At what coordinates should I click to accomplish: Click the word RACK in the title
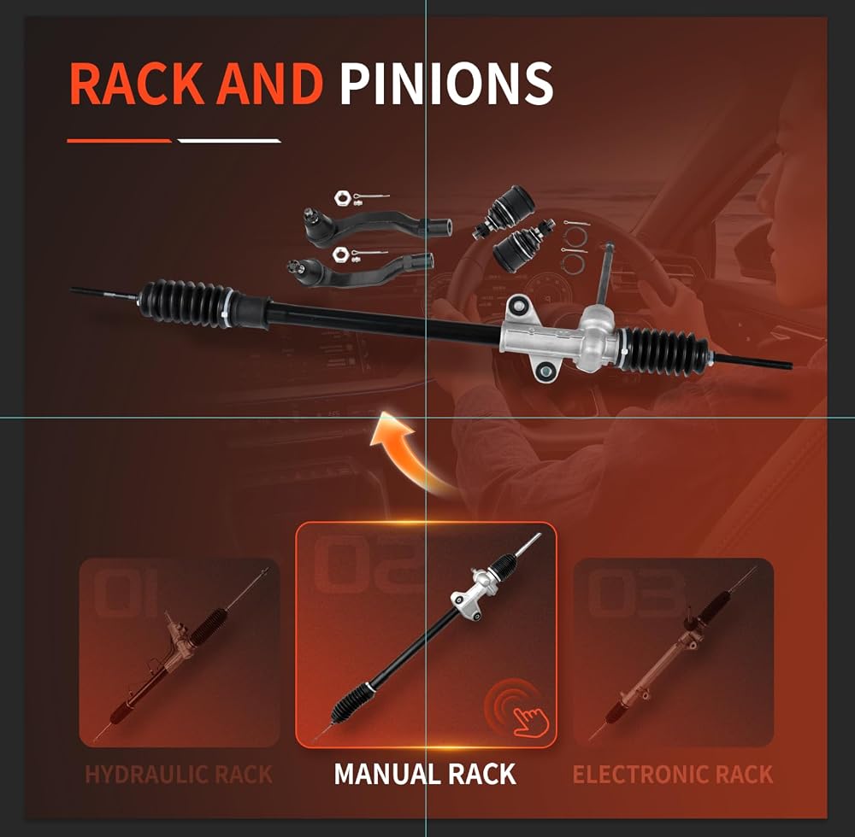[x=136, y=84]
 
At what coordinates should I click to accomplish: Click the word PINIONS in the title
[x=446, y=84]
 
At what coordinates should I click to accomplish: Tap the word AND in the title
[x=269, y=84]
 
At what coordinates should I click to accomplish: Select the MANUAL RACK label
[x=425, y=774]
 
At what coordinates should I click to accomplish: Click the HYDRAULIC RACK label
[x=179, y=774]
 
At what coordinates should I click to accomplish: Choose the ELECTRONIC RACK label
[x=673, y=774]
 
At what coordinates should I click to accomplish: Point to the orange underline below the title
[x=120, y=141]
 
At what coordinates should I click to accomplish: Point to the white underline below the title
[x=229, y=141]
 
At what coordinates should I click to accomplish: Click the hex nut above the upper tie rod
[x=342, y=197]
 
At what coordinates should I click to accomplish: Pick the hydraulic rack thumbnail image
[x=180, y=653]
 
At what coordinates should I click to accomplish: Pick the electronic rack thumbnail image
[x=674, y=653]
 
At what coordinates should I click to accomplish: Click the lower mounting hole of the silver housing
[x=544, y=372]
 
